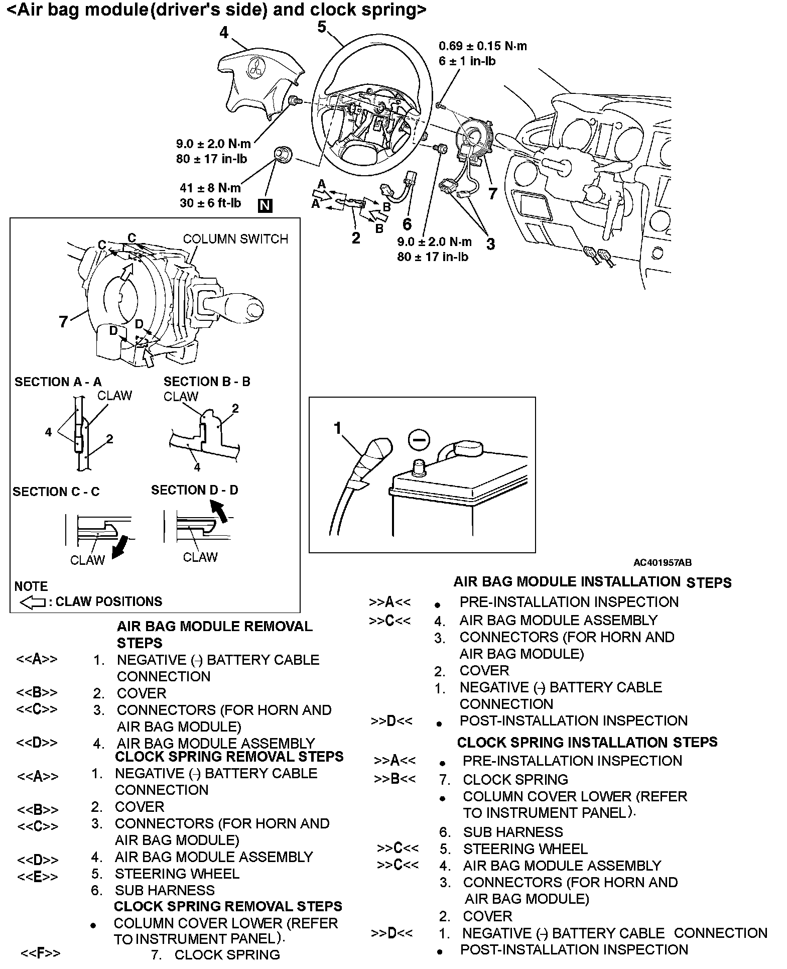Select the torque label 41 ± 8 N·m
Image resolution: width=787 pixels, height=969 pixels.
pyautogui.click(x=210, y=188)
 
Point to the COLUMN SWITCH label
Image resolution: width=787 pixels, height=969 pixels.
pyautogui.click(x=235, y=239)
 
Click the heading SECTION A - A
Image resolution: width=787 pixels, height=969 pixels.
pyautogui.click(x=58, y=382)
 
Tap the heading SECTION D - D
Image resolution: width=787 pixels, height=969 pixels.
pyautogui.click(x=195, y=490)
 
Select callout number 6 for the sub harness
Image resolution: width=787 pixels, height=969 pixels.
pyautogui.click(x=407, y=223)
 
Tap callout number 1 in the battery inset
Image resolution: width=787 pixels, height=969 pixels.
pyautogui.click(x=337, y=428)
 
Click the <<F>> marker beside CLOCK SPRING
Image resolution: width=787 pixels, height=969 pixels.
pyautogui.click(x=40, y=952)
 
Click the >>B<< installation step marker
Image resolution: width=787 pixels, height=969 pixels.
pyautogui.click(x=395, y=779)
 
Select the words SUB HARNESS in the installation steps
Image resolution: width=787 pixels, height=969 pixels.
pyautogui.click(x=512, y=832)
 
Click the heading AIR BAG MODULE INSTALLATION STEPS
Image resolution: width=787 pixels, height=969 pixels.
pyautogui.click(x=592, y=582)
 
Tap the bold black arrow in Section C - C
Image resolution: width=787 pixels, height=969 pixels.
pyautogui.click(x=120, y=547)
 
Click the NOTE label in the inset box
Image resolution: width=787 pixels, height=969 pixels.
pyautogui.click(x=31, y=586)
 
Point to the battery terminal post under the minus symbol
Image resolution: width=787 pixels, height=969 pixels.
pyautogui.click(x=418, y=469)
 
